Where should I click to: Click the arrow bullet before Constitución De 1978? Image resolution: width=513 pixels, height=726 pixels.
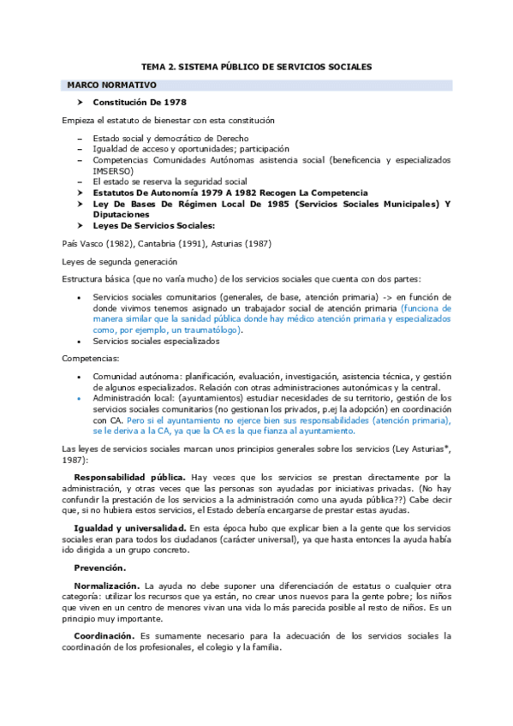tap(79, 103)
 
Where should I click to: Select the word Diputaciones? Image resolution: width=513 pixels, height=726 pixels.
tap(124, 214)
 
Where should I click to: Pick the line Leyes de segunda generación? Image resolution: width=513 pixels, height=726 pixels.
tap(119, 261)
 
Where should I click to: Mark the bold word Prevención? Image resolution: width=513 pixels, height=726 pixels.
tap(99, 568)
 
